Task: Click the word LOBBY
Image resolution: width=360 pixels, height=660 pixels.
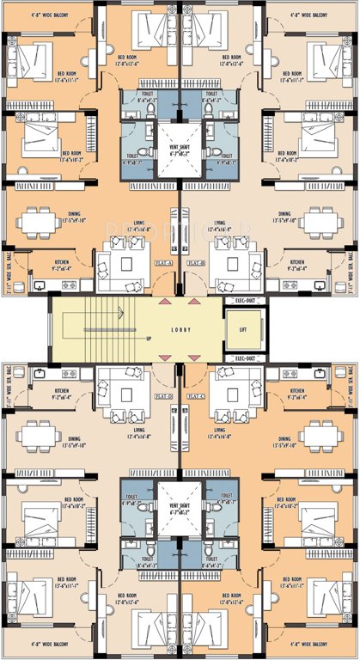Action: [x=180, y=330]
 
